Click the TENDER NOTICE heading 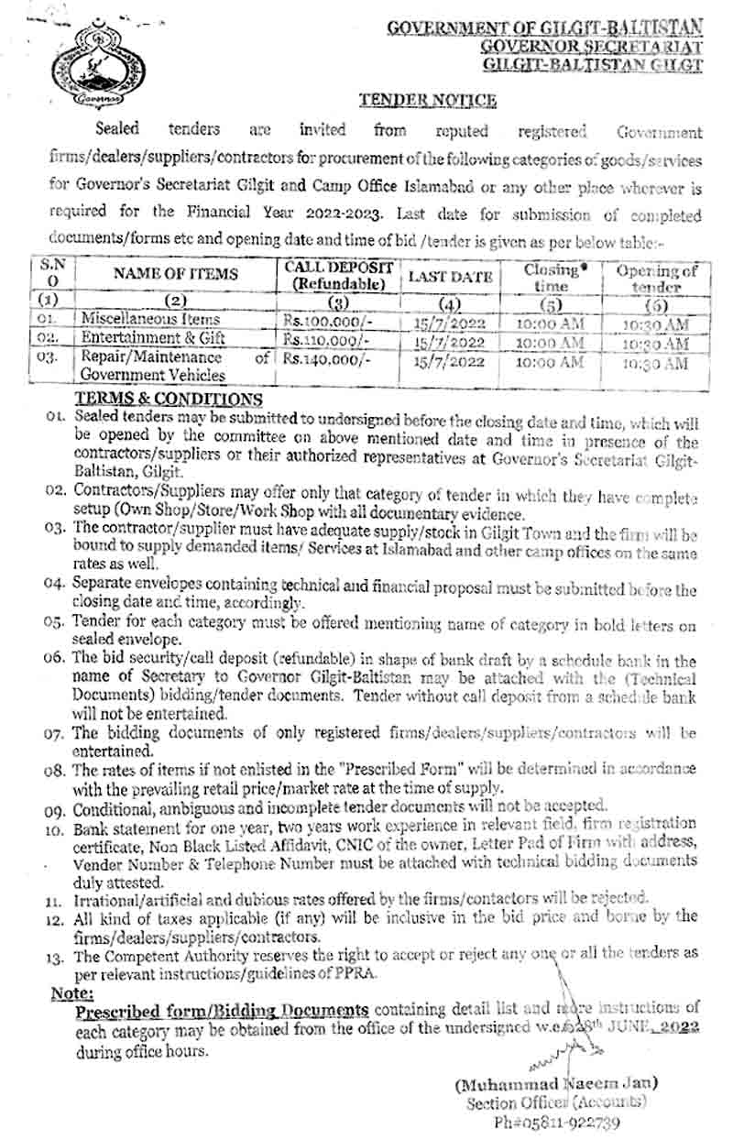click(x=427, y=100)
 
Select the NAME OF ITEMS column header click(x=177, y=273)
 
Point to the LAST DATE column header click(x=450, y=276)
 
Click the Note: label click(x=71, y=992)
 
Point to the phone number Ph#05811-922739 click(x=569, y=1122)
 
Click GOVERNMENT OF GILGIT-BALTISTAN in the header click(x=544, y=28)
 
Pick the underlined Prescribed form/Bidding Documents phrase click(x=222, y=1010)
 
